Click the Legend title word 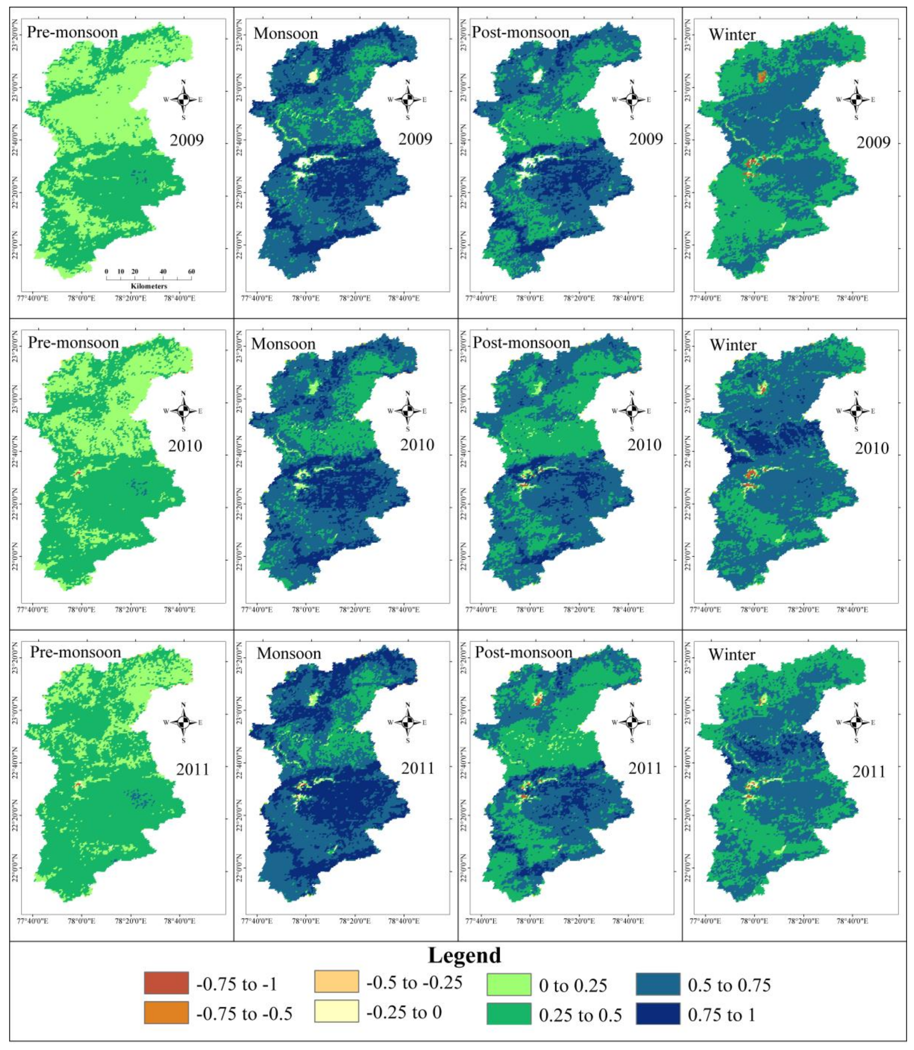[464, 956]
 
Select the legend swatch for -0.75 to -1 [166, 983]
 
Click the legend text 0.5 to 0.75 [729, 985]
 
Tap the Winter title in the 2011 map [732, 654]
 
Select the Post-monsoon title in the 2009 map [520, 33]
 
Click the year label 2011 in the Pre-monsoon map [192, 769]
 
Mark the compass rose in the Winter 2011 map [856, 722]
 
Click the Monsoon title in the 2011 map [289, 654]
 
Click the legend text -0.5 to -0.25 [414, 982]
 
